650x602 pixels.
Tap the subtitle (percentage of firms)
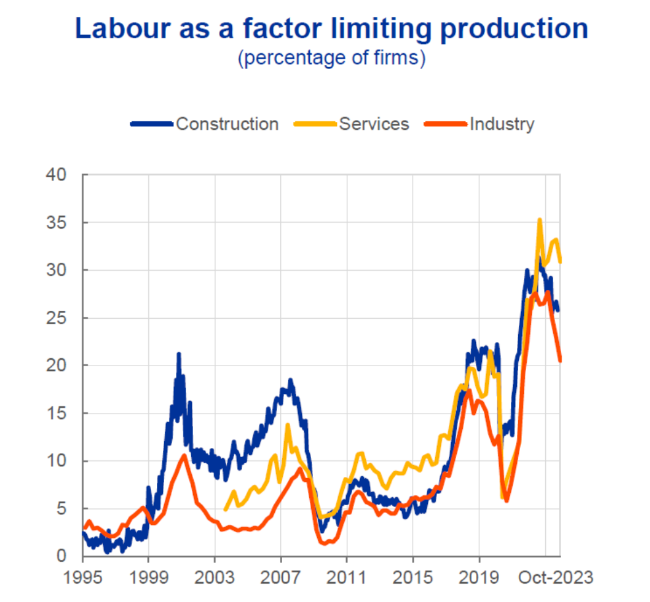coord(332,58)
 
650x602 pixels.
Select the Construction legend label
coord(227,124)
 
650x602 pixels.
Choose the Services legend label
coord(374,124)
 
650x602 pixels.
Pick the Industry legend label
coord(502,124)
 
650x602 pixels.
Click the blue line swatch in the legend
coord(152,124)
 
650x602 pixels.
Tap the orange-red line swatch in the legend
coord(446,124)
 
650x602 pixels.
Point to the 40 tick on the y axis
coord(58,175)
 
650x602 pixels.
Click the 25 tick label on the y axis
coord(58,318)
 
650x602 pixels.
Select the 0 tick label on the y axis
coord(63,557)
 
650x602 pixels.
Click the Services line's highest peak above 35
coord(540,220)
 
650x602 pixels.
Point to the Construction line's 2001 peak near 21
coord(179,354)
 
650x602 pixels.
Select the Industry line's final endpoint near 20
coord(560,360)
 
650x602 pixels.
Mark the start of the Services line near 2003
coord(225,509)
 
